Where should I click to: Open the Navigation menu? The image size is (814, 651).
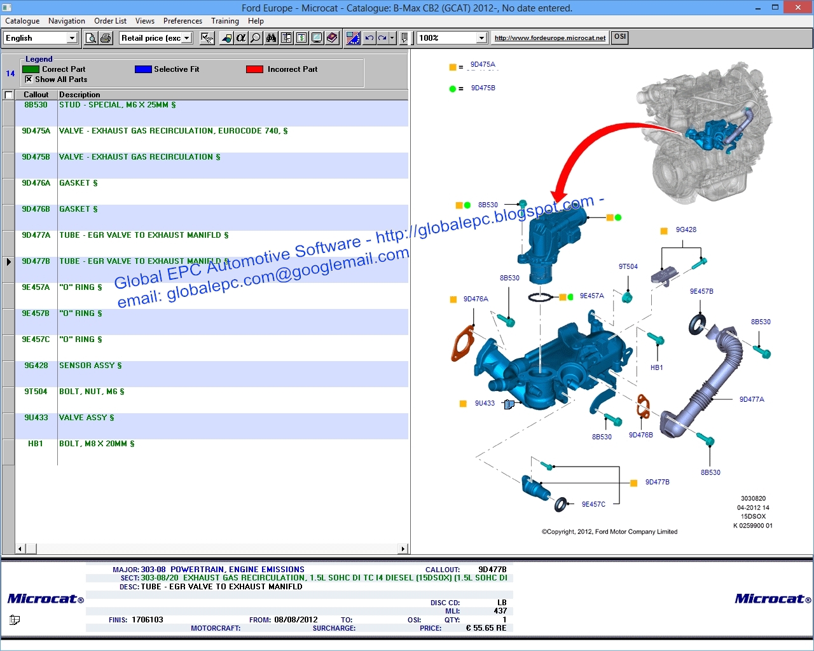pos(66,21)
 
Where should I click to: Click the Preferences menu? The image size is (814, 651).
pos(183,21)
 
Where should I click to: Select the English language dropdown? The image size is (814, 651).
pos(40,38)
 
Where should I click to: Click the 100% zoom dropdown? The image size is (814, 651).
pos(452,38)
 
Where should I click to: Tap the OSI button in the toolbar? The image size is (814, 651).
pos(620,37)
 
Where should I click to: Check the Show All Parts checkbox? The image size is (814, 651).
pos(29,79)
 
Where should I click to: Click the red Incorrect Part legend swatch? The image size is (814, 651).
pos(254,69)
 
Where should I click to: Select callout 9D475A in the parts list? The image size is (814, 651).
pos(36,131)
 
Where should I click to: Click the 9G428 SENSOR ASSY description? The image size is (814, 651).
pos(90,366)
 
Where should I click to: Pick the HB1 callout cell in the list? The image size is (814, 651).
pos(36,444)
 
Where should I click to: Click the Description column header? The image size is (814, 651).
pos(79,95)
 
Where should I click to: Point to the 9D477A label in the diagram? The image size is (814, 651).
pos(752,399)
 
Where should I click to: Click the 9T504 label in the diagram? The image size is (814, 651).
pos(628,266)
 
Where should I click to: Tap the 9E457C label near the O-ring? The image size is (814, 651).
pos(593,504)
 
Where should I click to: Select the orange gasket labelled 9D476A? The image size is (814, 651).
pos(462,343)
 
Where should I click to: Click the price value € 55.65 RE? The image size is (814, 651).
pos(486,628)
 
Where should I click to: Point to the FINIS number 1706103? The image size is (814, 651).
pos(147,620)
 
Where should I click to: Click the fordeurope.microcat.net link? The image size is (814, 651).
pos(550,38)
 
